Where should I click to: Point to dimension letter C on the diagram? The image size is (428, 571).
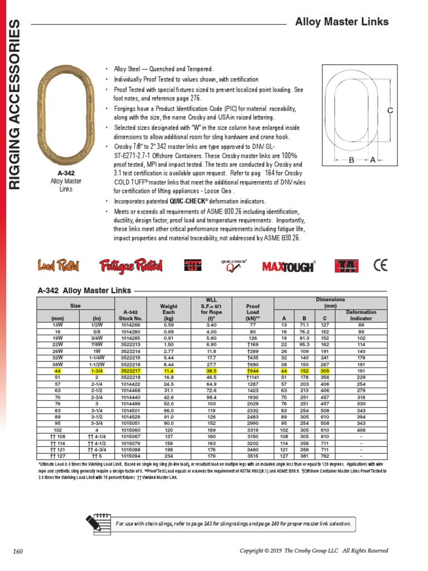point(390,110)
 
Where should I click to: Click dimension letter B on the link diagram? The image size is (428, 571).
point(352,160)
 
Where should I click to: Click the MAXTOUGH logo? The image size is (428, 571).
point(289,267)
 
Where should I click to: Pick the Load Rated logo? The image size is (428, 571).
point(59,266)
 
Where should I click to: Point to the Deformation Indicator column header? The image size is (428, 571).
point(361,315)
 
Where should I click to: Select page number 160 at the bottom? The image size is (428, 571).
point(18,551)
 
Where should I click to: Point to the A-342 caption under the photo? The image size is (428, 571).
point(66,173)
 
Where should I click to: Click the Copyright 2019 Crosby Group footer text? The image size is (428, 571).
point(313,551)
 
